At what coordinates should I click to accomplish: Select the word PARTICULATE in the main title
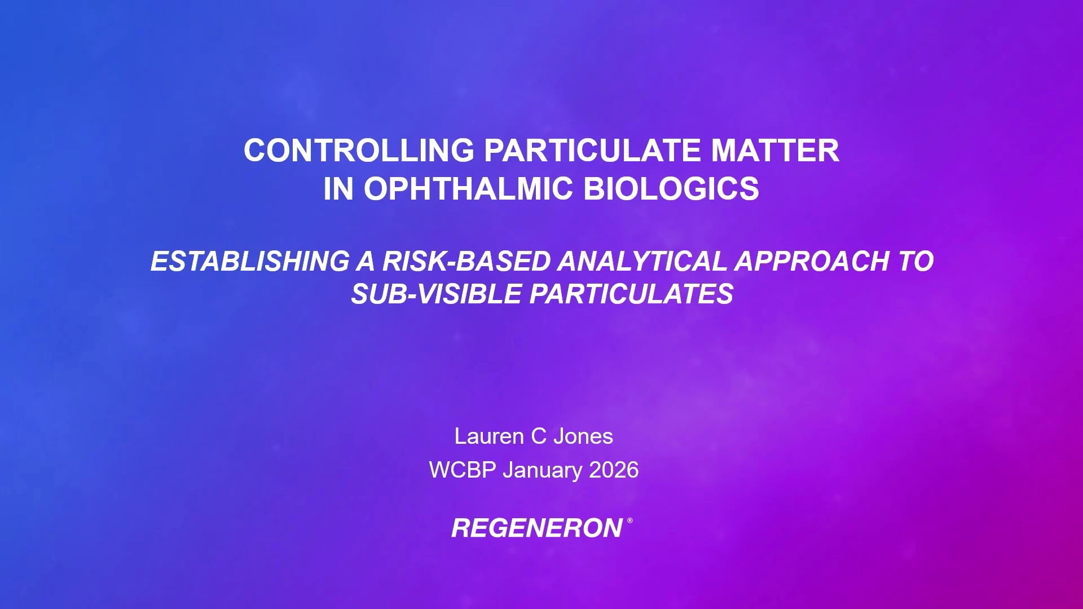[x=592, y=151]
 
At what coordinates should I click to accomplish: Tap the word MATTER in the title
[x=775, y=151]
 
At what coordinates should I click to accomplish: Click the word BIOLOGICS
[x=671, y=188]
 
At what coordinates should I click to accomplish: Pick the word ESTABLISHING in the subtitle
[x=250, y=261]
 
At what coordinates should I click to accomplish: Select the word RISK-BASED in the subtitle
[x=466, y=261]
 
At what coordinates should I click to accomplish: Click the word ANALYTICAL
[x=642, y=261]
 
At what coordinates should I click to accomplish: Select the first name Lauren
[x=489, y=436]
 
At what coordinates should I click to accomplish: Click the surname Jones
[x=583, y=436]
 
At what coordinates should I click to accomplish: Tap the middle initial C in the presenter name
[x=539, y=436]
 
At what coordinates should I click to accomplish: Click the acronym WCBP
[x=462, y=470]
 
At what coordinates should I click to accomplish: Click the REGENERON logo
[x=537, y=528]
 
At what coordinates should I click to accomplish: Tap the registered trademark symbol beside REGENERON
[x=629, y=520]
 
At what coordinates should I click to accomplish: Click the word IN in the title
[x=338, y=188]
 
